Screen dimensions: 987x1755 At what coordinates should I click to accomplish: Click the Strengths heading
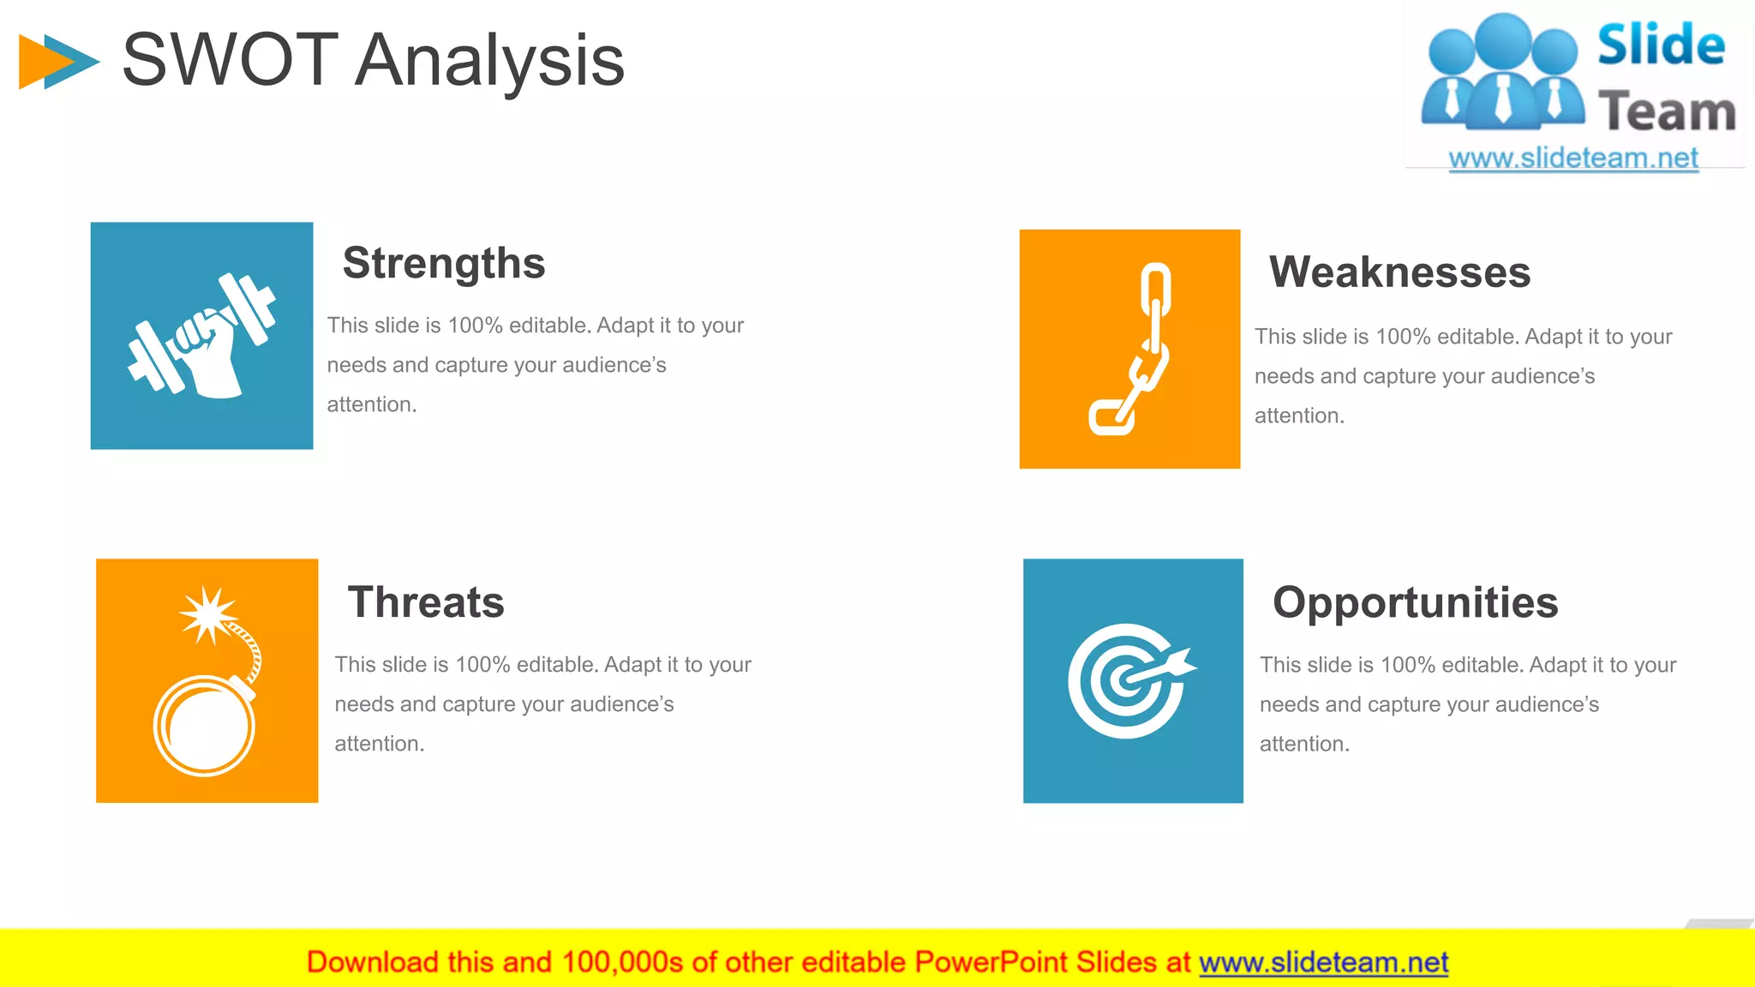pos(444,263)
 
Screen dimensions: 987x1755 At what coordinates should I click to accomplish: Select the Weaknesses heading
pos(1399,272)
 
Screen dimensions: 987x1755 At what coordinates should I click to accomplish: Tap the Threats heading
pos(426,601)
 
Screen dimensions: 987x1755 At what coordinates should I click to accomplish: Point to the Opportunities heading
pos(1415,602)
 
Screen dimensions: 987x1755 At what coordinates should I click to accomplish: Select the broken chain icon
pos(1132,350)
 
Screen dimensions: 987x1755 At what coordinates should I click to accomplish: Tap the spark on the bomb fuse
pos(207,614)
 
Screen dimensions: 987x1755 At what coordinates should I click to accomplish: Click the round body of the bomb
pos(205,727)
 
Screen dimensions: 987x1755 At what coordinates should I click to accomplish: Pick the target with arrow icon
pos(1129,680)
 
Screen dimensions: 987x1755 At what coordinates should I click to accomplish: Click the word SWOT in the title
pos(230,60)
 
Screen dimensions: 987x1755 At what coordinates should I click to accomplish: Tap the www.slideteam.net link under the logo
pos(1572,159)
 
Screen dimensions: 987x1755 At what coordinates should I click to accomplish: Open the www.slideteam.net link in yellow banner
pos(1323,963)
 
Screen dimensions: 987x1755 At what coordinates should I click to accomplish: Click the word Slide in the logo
pos(1661,45)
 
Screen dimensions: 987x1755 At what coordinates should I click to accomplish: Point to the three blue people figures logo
pos(1502,73)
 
